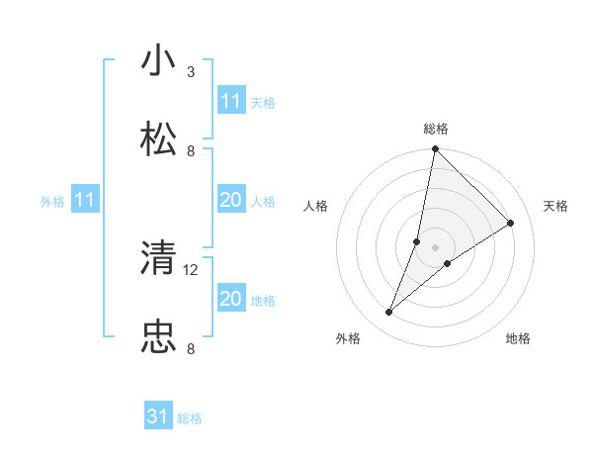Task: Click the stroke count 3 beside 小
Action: (x=191, y=72)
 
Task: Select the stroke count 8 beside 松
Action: (x=191, y=151)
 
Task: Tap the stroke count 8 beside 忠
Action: (x=191, y=349)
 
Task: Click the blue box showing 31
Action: (x=158, y=418)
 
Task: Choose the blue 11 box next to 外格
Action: (x=84, y=201)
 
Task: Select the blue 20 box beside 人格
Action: (x=230, y=201)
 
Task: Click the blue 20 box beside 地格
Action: (x=230, y=299)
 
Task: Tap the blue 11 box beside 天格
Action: (x=230, y=101)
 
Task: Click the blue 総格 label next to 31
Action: (x=190, y=418)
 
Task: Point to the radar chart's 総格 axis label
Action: (x=436, y=129)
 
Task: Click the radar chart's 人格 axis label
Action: (x=315, y=206)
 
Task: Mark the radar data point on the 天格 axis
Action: (x=511, y=224)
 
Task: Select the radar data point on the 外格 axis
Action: (x=389, y=313)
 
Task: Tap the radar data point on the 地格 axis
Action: (x=448, y=263)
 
